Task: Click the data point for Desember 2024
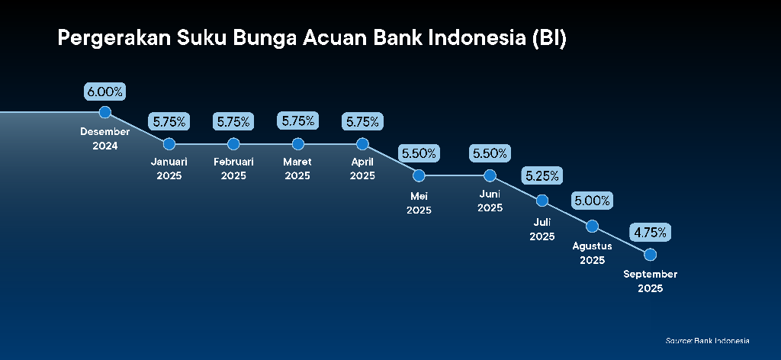(104, 112)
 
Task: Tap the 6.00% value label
(104, 92)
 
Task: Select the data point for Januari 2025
(169, 144)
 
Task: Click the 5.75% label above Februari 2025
(233, 121)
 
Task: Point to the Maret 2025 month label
(297, 169)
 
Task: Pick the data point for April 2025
(362, 144)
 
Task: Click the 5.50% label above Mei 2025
(419, 153)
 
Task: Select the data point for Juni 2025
(490, 175)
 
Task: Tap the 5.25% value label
(542, 175)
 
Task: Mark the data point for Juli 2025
(542, 201)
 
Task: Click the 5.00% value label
(592, 201)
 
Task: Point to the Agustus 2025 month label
(592, 253)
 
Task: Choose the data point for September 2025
(650, 255)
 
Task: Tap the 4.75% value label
(650, 232)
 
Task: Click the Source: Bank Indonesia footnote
(707, 341)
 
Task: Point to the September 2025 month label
(650, 281)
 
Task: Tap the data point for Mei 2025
(419, 175)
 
